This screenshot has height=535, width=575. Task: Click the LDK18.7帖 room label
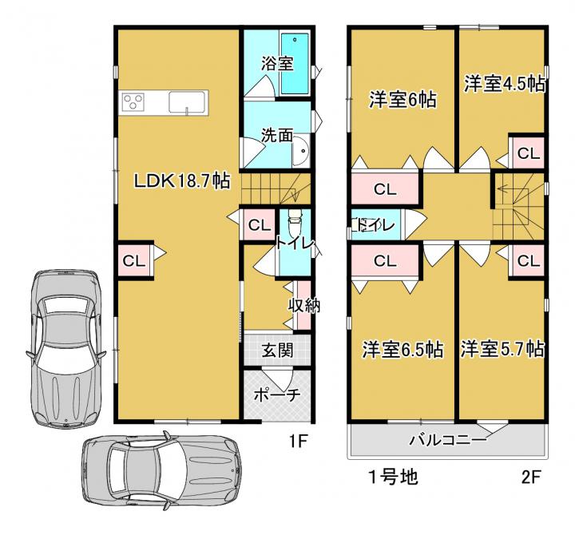tap(182, 180)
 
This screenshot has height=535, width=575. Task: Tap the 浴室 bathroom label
tap(277, 63)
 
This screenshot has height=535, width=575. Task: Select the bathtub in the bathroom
tap(295, 64)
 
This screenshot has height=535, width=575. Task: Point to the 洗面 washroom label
tap(277, 135)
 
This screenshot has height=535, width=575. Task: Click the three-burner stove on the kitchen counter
tap(133, 101)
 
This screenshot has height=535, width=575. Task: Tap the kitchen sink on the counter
tap(187, 102)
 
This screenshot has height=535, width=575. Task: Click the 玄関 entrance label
tap(277, 351)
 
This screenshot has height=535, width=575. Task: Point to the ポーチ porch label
tap(277, 395)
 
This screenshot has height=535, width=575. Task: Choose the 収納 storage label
tap(304, 305)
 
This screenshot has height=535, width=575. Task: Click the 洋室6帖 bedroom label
tap(402, 99)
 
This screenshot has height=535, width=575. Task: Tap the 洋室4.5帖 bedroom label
tap(505, 84)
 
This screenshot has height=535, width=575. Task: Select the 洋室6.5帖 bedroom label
tap(402, 350)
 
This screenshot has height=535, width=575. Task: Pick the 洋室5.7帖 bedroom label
tap(502, 349)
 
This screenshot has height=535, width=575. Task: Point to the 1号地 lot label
tap(393, 477)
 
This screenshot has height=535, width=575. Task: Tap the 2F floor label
tap(530, 477)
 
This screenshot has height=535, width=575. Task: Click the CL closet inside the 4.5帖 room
tap(527, 153)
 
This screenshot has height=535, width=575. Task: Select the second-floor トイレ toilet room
tap(376, 224)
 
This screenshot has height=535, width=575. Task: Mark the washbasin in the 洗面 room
tap(302, 150)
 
